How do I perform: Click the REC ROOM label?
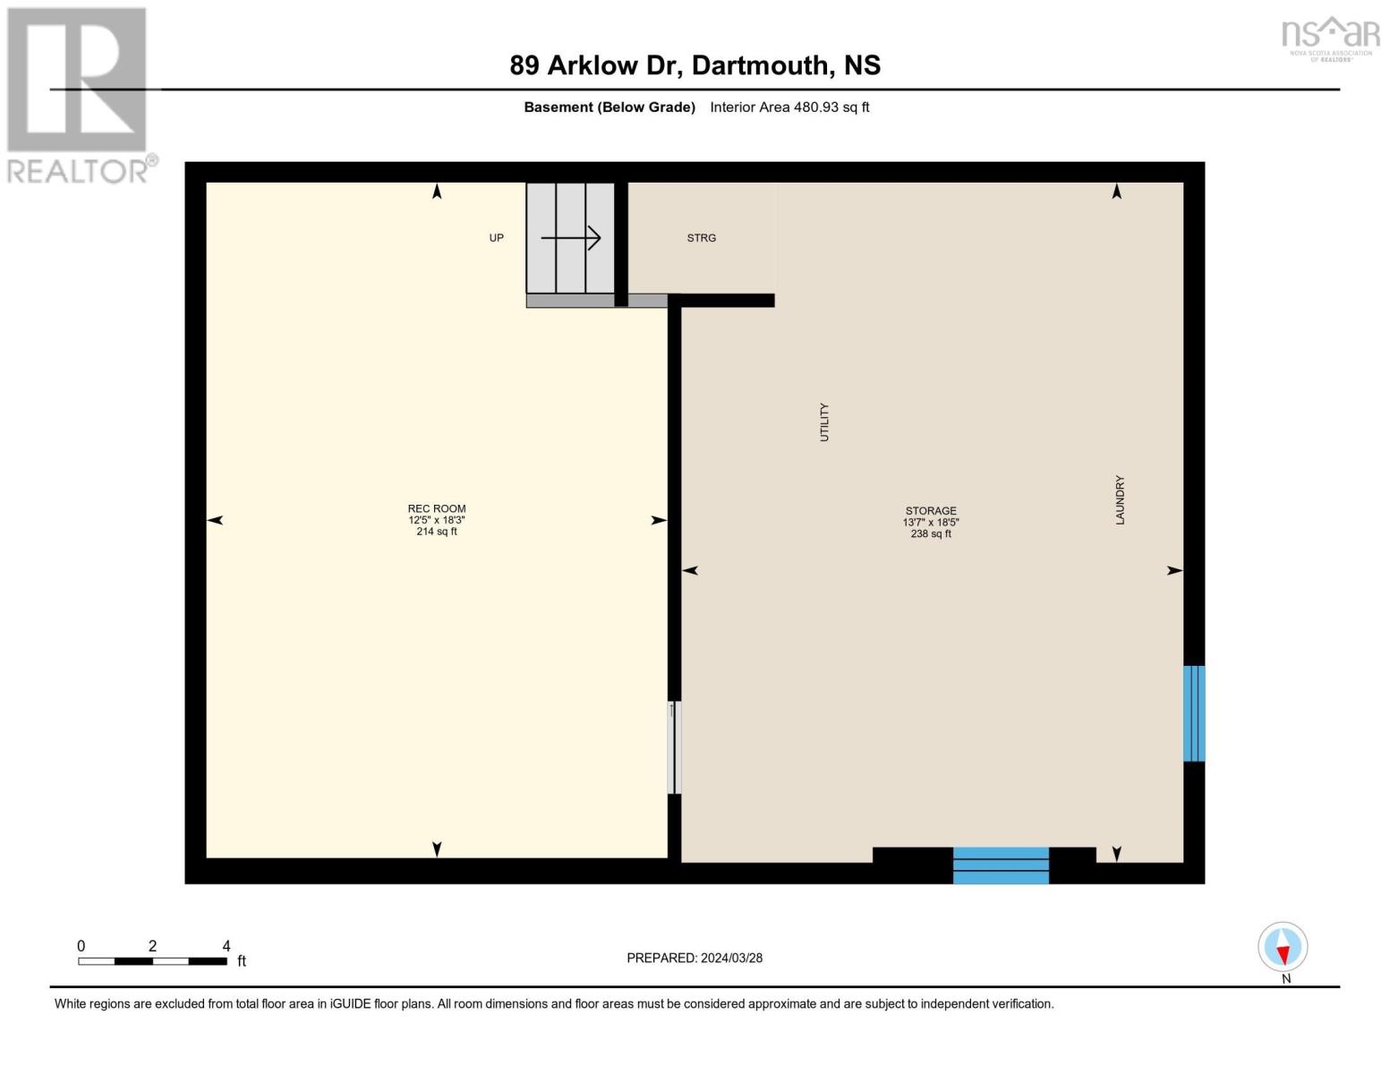coord(437,508)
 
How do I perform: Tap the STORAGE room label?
coord(930,511)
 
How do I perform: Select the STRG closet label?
coord(701,238)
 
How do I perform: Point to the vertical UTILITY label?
coord(824,422)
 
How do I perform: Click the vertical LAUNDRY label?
coord(1120,500)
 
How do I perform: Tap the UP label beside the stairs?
coord(496,238)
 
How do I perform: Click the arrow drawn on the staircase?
coord(570,238)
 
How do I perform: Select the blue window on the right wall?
coord(1194,713)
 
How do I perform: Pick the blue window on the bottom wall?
coord(1001,865)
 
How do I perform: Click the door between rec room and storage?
coord(674,747)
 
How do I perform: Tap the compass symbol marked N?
coord(1283,947)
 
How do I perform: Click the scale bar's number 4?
coord(226,946)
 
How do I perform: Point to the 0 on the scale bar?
coord(81,946)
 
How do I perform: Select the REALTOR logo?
coord(79,94)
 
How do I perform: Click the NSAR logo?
coord(1331,38)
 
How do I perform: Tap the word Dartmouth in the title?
coord(760,65)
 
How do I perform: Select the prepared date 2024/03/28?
coord(731,958)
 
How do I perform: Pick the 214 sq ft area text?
coord(437,532)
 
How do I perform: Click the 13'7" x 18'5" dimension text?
coord(930,523)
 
